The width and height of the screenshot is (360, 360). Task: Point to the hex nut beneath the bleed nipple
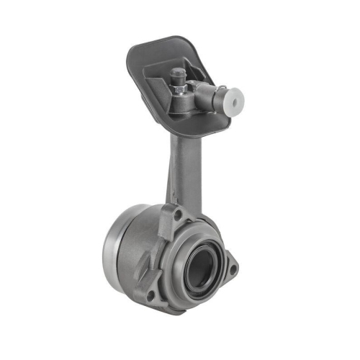point(179,87)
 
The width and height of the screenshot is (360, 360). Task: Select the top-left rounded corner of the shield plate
point(133,50)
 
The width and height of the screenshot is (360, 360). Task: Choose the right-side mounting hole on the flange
point(232,269)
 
